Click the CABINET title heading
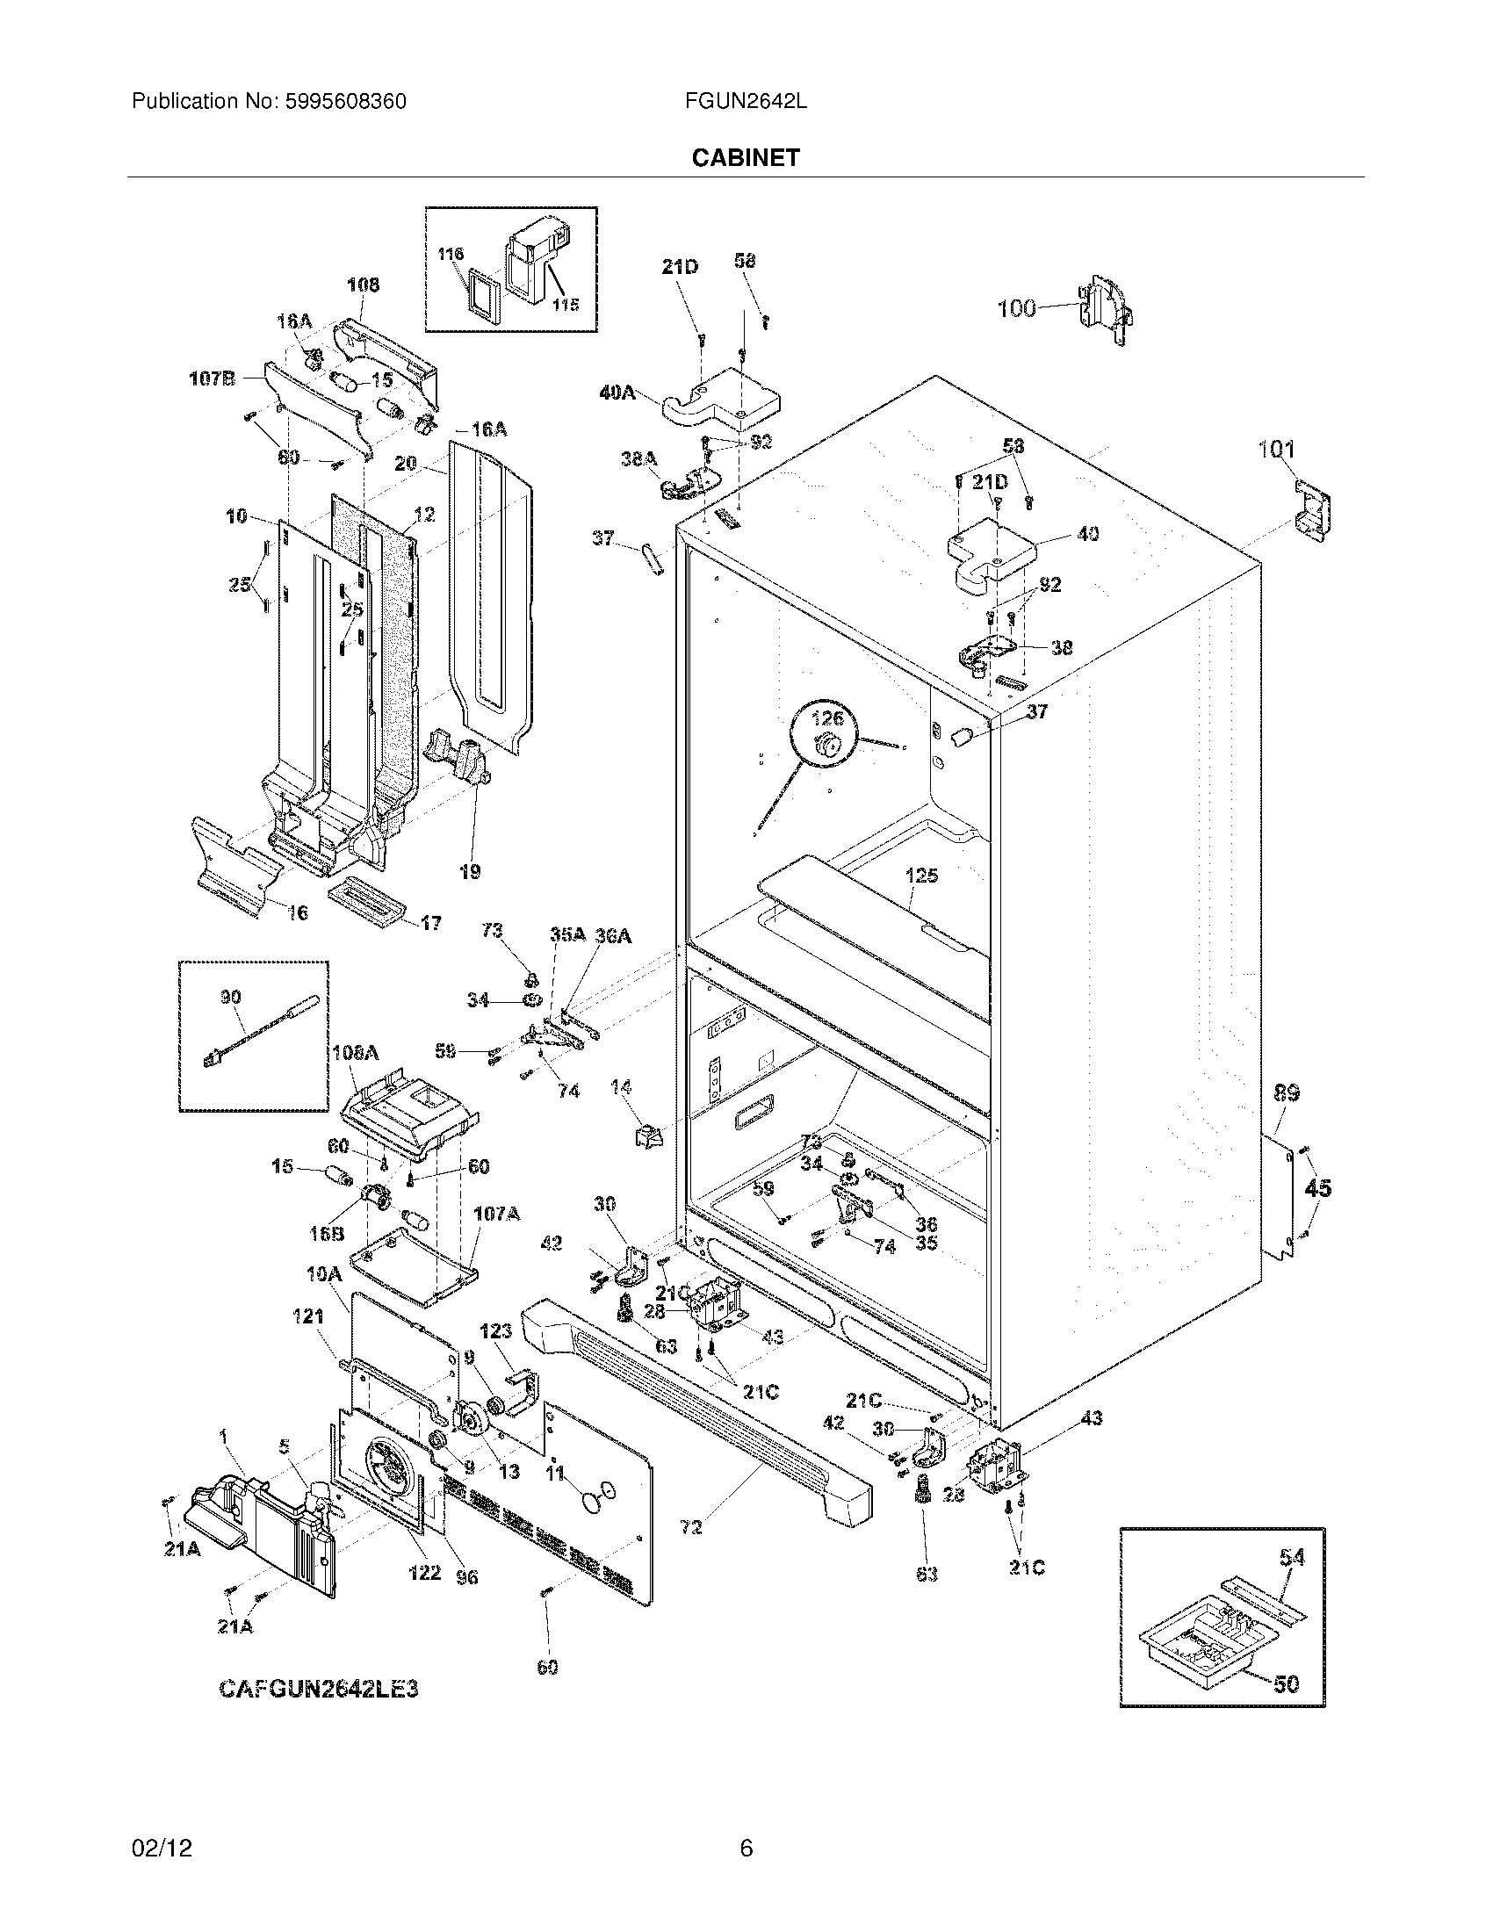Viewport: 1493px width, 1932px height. (745, 157)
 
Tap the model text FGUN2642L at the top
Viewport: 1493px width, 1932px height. (745, 102)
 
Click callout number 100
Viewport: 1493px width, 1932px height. (1016, 309)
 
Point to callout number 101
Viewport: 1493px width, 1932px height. (1276, 450)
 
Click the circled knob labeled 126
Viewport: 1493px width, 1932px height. (829, 746)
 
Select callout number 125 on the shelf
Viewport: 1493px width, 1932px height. (921, 876)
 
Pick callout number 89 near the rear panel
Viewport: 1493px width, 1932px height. (1286, 1093)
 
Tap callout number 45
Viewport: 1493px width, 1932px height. (1318, 1188)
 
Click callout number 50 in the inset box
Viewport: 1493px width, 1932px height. (1287, 1683)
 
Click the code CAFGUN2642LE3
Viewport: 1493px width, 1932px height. (319, 1690)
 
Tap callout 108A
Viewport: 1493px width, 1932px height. (356, 1053)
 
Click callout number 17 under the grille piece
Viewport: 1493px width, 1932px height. (430, 924)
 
